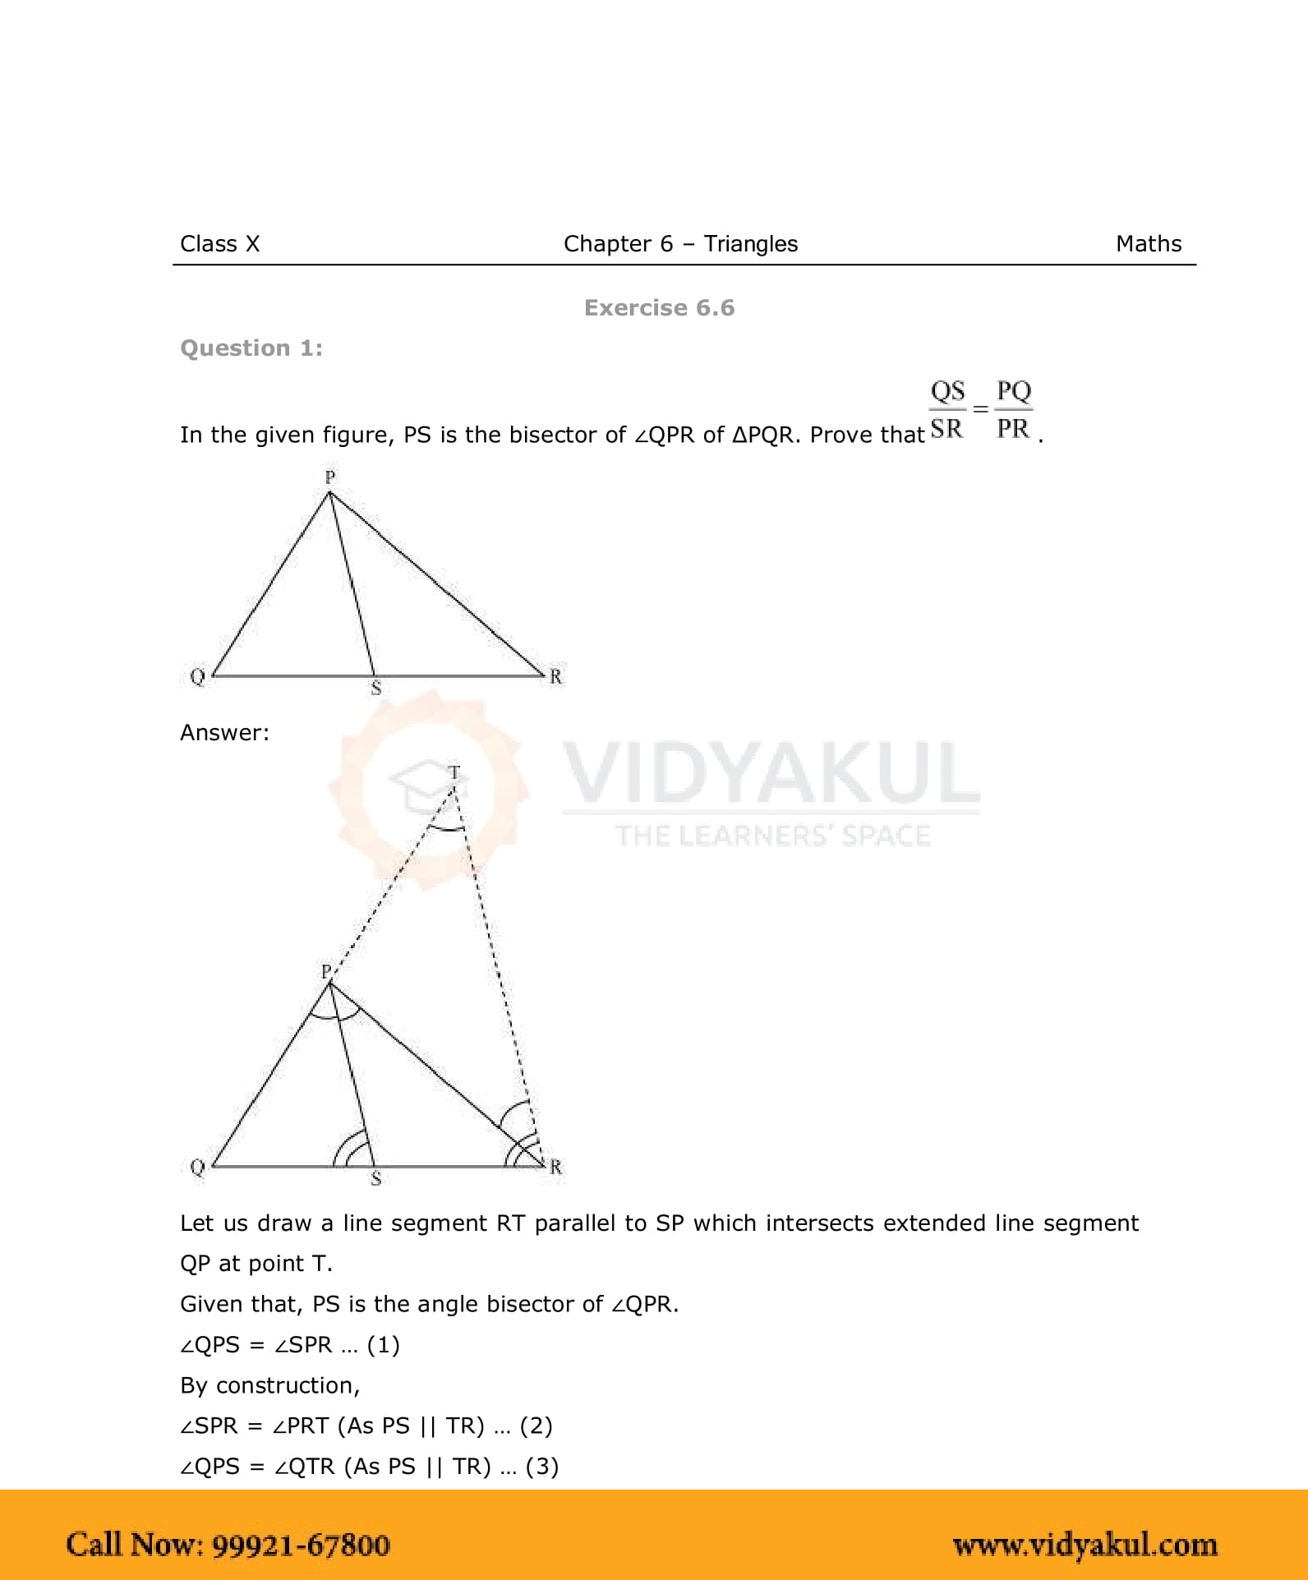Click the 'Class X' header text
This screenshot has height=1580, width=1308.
click(219, 244)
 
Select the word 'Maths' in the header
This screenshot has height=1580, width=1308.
click(1148, 244)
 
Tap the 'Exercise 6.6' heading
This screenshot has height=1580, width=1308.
click(659, 308)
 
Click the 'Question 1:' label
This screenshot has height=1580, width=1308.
click(251, 348)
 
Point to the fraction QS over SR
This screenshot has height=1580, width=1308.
click(947, 409)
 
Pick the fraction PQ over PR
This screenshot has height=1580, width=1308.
click(1013, 409)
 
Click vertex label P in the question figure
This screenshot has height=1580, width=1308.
click(329, 477)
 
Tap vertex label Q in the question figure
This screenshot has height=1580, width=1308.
click(197, 676)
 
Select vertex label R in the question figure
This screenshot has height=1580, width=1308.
click(556, 676)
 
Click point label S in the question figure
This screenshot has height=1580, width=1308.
click(376, 689)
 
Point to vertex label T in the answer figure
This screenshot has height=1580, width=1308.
click(454, 772)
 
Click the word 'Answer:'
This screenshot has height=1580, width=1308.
click(224, 733)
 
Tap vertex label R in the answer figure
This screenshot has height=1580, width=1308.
click(556, 1166)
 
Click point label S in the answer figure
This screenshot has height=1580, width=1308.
click(376, 1178)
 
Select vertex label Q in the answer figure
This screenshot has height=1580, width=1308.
click(197, 1166)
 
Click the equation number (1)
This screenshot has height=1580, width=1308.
click(383, 1345)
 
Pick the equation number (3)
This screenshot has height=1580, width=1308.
click(542, 1467)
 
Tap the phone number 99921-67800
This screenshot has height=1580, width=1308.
click(301, 1545)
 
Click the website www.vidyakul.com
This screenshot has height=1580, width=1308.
click(1085, 1545)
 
